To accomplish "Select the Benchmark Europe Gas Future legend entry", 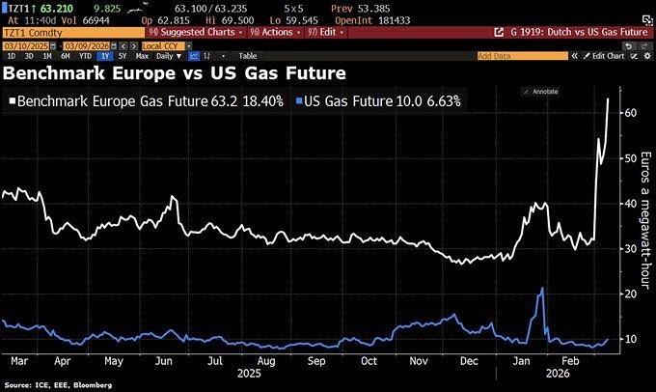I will [x=145, y=99].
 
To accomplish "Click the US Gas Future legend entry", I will [x=359, y=99].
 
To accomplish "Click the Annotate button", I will [x=543, y=91].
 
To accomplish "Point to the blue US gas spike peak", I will [x=543, y=289].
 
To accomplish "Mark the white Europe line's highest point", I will [x=608, y=98].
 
